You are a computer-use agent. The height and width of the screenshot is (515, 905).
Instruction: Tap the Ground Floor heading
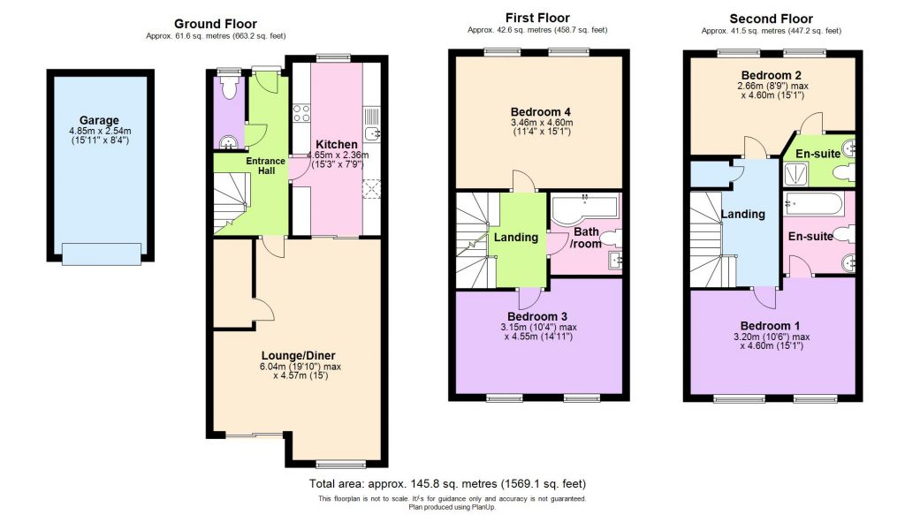pos(216,24)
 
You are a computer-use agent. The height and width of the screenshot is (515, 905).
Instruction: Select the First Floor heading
pos(536,18)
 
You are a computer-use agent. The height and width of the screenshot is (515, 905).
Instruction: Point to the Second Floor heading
pos(771,19)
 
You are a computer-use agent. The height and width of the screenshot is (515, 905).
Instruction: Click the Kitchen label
pos(337,144)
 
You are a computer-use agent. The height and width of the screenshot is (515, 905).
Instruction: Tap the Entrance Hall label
pos(266,165)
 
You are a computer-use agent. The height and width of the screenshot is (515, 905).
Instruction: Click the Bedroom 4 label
pos(540,110)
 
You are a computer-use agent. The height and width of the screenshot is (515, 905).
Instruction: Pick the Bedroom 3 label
pos(536,316)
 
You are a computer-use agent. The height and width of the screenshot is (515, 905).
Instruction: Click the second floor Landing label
pos(742,214)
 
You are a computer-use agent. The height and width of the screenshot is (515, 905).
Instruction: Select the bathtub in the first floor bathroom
pos(583,208)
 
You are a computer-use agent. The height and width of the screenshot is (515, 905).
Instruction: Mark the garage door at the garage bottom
pos(101,254)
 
